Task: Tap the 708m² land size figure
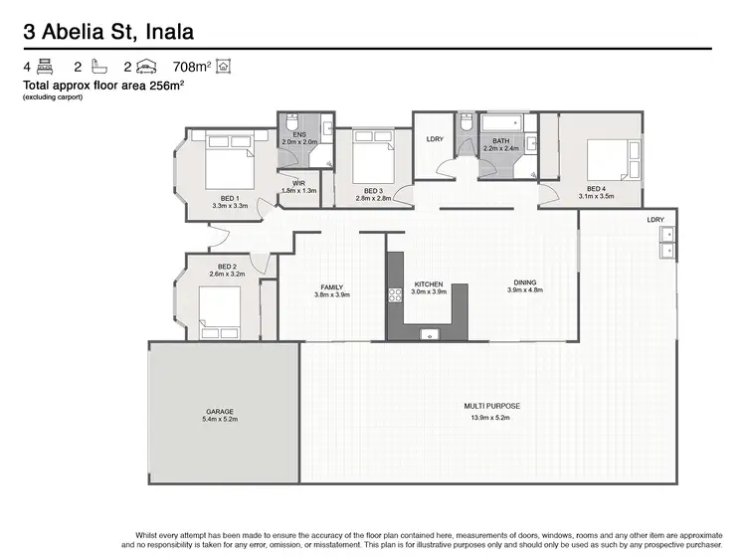coord(192,67)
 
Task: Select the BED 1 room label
coord(230,198)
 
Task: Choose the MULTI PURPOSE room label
coord(492,407)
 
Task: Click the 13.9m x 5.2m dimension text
coord(492,417)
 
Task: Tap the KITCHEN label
coord(430,284)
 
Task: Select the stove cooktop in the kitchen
coord(394,293)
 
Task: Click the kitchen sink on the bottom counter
coord(430,332)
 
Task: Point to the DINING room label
coord(524,282)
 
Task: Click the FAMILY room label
coord(331,286)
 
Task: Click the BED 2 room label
coord(226,266)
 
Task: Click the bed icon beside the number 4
coord(45,67)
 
